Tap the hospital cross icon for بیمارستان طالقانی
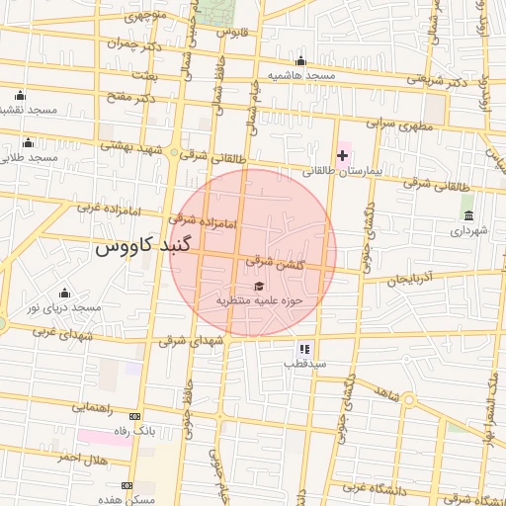point(343,156)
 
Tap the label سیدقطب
point(304,364)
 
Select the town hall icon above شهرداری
point(467,215)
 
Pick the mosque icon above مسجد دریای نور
point(65,293)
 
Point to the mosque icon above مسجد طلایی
point(28,142)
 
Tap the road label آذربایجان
point(410,280)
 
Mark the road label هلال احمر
point(81,459)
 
